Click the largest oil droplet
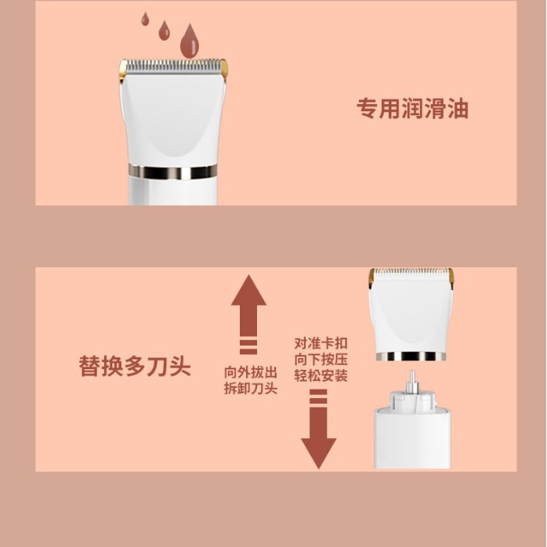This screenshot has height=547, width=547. (x=190, y=42)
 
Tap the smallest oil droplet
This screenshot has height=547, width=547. (x=145, y=20)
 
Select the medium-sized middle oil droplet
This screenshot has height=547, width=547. (x=164, y=31)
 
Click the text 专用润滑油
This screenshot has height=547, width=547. (x=412, y=108)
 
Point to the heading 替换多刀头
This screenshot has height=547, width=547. (x=135, y=366)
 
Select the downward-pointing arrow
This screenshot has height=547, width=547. (x=318, y=437)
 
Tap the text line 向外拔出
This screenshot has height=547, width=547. (x=251, y=372)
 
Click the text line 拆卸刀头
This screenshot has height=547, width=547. (x=251, y=388)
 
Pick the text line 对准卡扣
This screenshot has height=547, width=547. (x=321, y=343)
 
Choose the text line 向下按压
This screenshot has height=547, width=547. (x=321, y=360)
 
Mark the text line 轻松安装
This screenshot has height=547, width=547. (x=321, y=375)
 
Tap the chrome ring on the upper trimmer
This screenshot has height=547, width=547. (x=173, y=172)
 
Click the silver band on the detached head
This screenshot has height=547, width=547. (x=411, y=357)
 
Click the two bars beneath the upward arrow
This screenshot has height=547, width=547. (x=248, y=346)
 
